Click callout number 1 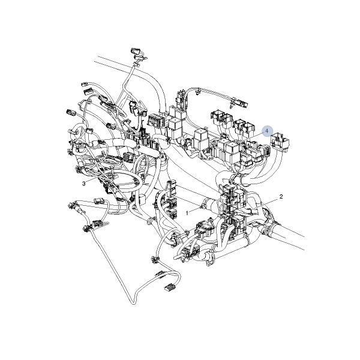tap(187, 213)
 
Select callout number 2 tap(281, 197)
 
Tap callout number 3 tap(84, 184)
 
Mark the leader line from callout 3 tap(95, 179)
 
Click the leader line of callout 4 tap(251, 137)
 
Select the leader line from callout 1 tap(194, 210)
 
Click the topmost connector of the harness tap(136, 52)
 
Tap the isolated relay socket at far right tap(280, 142)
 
